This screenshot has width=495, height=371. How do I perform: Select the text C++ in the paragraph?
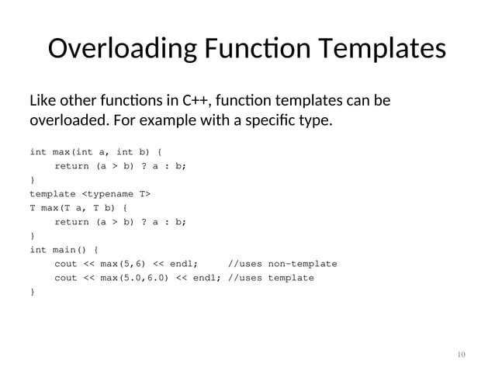tap(196, 102)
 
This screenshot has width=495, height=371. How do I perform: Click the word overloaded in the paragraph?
tap(67, 122)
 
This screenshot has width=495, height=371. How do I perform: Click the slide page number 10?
tap(461, 355)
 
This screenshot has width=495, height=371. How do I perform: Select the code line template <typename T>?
tap(90, 193)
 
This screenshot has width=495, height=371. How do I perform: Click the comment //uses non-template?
tap(282, 263)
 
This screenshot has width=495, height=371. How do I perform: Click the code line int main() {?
tap(64, 249)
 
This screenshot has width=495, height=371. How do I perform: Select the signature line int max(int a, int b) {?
tap(95, 151)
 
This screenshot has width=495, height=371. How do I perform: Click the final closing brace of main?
tap(32, 291)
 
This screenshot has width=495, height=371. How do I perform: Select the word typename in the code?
tap(116, 193)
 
